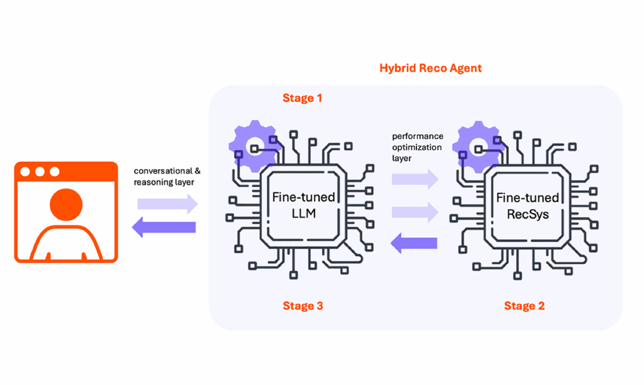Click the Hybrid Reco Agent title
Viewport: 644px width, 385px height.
(430, 68)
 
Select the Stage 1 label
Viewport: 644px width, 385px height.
(303, 98)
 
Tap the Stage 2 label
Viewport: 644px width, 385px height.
(524, 306)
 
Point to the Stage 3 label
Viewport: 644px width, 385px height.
(303, 306)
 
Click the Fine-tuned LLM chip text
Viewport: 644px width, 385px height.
(304, 205)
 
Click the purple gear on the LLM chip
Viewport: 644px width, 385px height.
(251, 145)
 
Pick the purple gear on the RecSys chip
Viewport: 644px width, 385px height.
(475, 145)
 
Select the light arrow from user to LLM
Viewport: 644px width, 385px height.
(167, 203)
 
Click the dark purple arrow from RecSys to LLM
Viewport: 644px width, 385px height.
(414, 242)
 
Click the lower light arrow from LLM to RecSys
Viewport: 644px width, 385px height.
(414, 211)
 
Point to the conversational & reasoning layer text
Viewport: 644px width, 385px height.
(167, 176)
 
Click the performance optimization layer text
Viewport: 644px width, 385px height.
(417, 147)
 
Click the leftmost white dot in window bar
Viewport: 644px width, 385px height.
(26, 171)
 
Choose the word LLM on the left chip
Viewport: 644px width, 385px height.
(304, 214)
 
